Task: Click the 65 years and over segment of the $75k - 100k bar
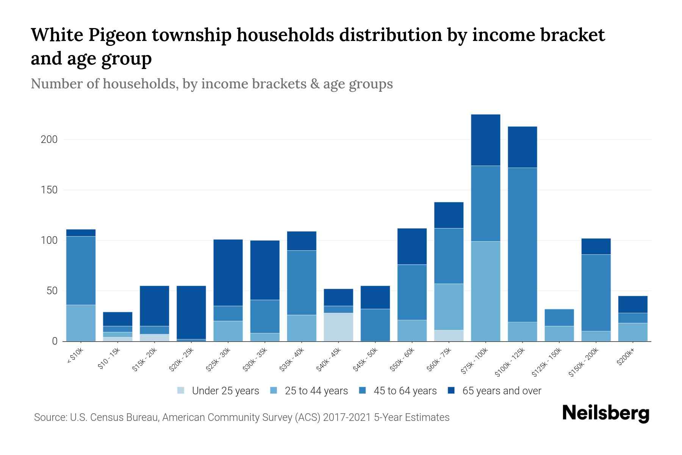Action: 485,140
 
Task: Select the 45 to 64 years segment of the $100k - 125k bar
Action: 522,245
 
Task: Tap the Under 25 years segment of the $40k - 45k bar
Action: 338,327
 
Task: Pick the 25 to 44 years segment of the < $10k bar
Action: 81,323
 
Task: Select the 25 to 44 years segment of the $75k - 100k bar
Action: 485,291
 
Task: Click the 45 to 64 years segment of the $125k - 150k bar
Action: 559,317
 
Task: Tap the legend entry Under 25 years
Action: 225,391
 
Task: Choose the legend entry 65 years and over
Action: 502,391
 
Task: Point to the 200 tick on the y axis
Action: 49,140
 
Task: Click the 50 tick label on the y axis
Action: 52,291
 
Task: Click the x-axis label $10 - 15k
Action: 108,360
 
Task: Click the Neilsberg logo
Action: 605,413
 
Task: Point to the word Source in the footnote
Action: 49,417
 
